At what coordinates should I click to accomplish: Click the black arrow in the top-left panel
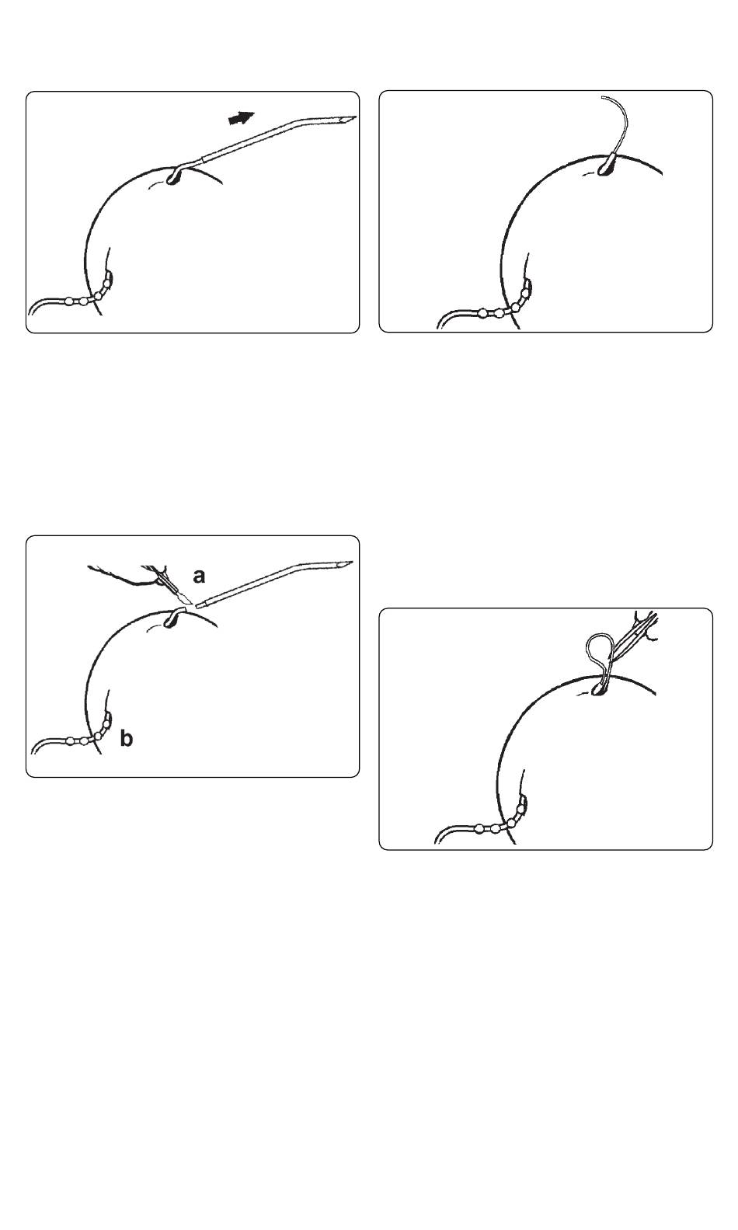pyautogui.click(x=242, y=117)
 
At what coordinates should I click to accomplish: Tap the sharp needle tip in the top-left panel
pyautogui.click(x=355, y=117)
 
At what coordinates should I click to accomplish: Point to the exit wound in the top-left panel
pyautogui.click(x=174, y=176)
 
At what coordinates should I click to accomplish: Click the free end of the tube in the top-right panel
pyautogui.click(x=603, y=97)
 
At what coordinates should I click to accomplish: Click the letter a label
pyautogui.click(x=199, y=576)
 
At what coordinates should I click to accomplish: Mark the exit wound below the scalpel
pyautogui.click(x=172, y=619)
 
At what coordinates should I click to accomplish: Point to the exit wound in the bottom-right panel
pyautogui.click(x=600, y=687)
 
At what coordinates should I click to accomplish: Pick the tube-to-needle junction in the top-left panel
pyautogui.click(x=204, y=158)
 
